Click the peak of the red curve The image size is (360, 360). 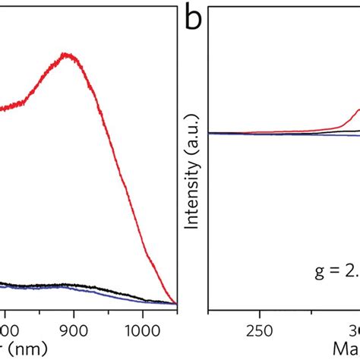[68, 54]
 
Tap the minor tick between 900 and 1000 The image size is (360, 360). [106, 308]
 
